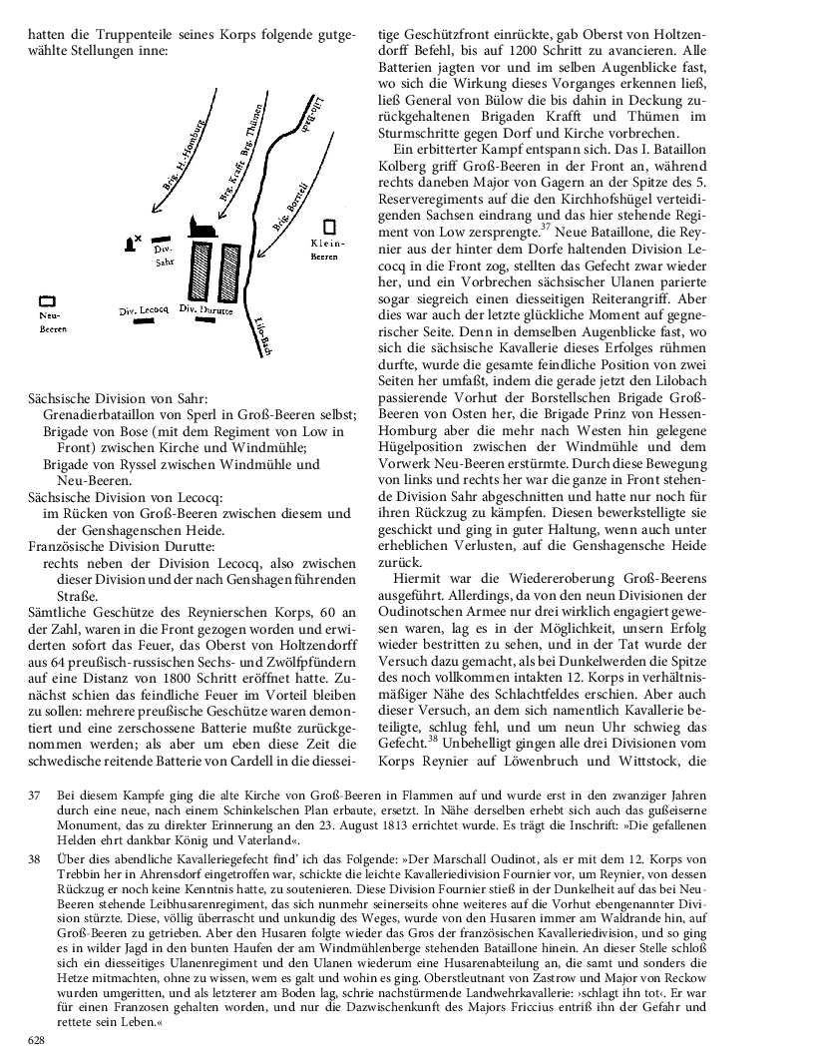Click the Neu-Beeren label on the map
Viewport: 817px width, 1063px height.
click(51, 320)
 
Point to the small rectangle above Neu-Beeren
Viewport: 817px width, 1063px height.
click(46, 299)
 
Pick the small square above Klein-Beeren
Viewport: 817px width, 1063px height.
click(328, 227)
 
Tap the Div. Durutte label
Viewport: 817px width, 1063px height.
click(205, 309)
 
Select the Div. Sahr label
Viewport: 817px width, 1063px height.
click(166, 256)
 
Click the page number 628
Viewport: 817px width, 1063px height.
click(36, 1040)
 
